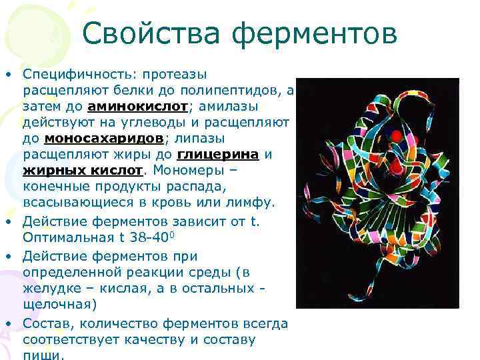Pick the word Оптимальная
tap(63, 237)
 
